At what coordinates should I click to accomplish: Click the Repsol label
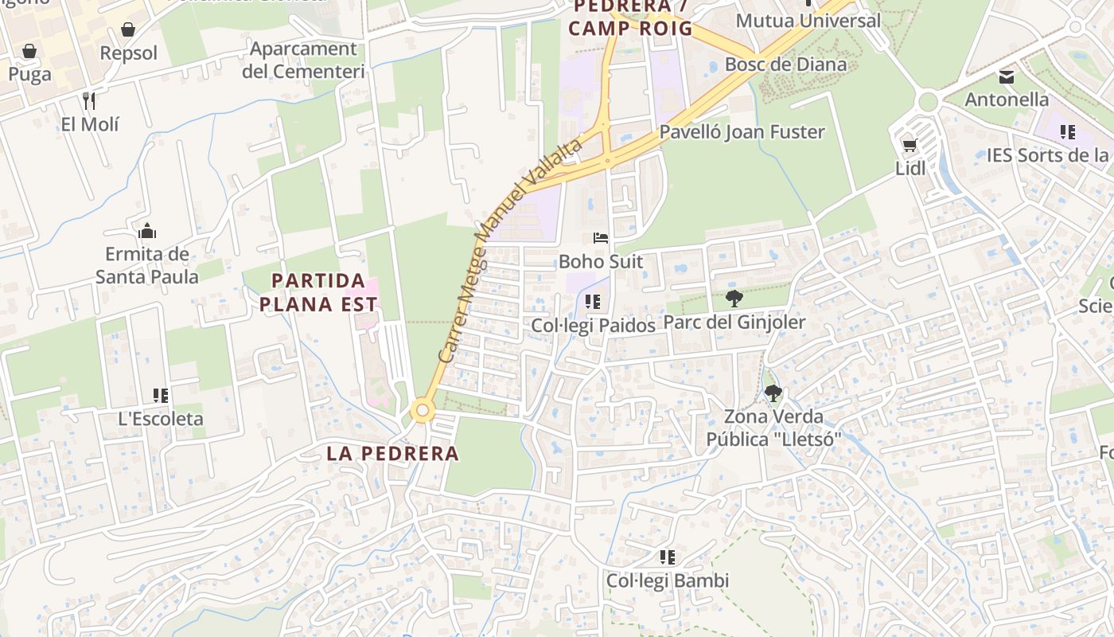tap(129, 53)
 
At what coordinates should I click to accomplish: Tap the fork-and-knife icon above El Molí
tap(89, 101)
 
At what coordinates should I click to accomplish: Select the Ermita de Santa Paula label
tap(147, 266)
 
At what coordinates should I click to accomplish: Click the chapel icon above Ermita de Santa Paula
tap(147, 232)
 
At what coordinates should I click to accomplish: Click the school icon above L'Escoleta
tap(161, 396)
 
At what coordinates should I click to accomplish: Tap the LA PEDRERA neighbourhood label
tap(393, 454)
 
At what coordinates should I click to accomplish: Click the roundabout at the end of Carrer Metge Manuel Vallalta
tap(423, 412)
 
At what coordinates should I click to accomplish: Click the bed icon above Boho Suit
tap(601, 238)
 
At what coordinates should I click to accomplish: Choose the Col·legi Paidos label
tap(593, 326)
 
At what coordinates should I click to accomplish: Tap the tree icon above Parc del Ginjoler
tap(734, 299)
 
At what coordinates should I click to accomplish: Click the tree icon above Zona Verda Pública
tap(773, 393)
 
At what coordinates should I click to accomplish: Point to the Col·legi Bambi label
tap(668, 580)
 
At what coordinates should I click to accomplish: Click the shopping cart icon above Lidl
tap(910, 145)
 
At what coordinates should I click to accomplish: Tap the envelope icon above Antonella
tap(1007, 77)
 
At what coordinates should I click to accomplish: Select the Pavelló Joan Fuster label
tap(742, 132)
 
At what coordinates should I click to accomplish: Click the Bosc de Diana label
tap(786, 64)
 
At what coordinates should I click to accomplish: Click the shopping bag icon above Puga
tap(29, 52)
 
